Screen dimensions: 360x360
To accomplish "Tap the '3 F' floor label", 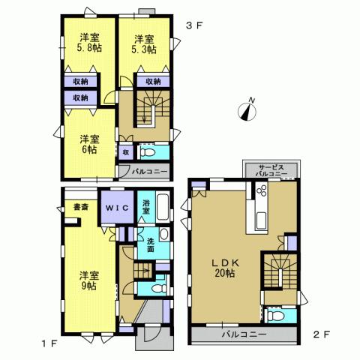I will (x=194, y=24).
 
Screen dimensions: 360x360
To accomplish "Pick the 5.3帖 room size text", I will (x=144, y=49).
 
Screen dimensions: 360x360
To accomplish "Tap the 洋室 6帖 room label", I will (x=88, y=144).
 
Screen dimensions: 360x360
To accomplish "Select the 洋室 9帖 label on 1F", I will (x=88, y=280).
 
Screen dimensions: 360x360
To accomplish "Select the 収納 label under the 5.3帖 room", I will (x=152, y=82).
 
